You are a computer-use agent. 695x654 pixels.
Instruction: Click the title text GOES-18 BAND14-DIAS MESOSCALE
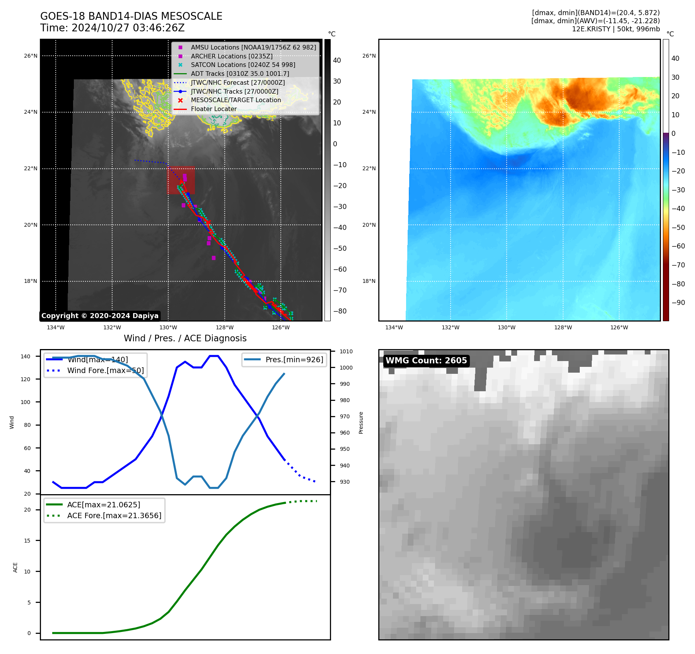click(x=131, y=16)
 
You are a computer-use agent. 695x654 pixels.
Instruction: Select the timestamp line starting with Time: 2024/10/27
click(x=112, y=28)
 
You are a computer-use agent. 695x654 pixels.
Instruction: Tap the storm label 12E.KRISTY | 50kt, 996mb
click(x=616, y=29)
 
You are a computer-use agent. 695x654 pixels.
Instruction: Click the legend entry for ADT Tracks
click(x=240, y=74)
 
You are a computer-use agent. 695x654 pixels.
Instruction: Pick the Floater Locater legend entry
click(x=213, y=109)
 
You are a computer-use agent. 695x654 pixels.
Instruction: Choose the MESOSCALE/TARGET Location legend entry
click(x=236, y=100)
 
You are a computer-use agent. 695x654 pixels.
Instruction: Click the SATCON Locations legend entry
click(x=243, y=65)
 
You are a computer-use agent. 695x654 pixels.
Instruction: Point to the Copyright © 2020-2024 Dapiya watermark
click(x=100, y=316)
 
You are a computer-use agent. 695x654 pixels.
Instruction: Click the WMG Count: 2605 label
click(x=426, y=361)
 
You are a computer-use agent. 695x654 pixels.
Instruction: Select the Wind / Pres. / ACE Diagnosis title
click(x=185, y=338)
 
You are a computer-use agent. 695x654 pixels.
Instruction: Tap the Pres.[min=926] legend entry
click(x=294, y=360)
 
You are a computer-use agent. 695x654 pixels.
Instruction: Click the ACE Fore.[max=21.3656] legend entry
click(x=114, y=515)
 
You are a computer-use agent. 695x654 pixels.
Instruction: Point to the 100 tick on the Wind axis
click(x=26, y=402)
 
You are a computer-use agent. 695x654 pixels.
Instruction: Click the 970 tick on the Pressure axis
click(x=345, y=416)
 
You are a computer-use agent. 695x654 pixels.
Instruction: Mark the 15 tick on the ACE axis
click(x=27, y=541)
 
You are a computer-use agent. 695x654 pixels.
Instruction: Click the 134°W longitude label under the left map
click(x=56, y=328)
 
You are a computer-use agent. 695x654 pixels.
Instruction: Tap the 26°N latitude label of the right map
click(x=369, y=56)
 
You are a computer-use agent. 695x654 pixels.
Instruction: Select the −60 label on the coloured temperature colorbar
click(x=678, y=246)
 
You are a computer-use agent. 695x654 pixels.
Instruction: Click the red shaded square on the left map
click(x=181, y=180)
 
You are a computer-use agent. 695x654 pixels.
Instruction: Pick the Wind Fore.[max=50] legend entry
click(x=105, y=370)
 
